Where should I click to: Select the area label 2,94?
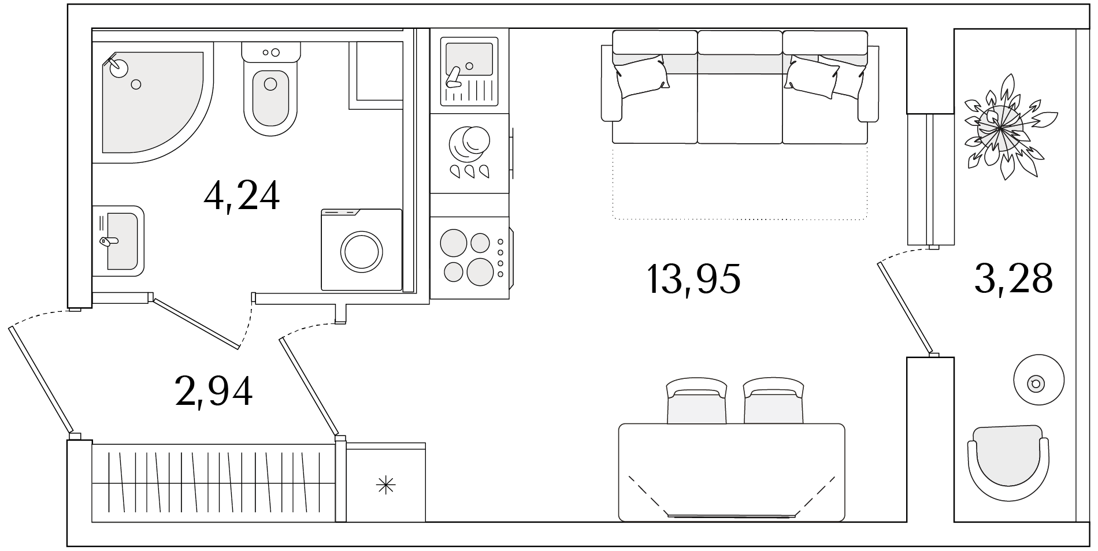pyautogui.click(x=214, y=391)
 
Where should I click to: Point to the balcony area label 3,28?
pyautogui.click(x=1013, y=279)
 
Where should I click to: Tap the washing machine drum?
pyautogui.click(x=361, y=251)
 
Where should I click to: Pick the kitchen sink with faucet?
pyautogui.click(x=469, y=72)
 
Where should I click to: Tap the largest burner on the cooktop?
pyautogui.click(x=479, y=271)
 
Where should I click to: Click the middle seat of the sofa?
pyautogui.click(x=740, y=87)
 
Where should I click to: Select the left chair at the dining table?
pyautogui.click(x=696, y=401)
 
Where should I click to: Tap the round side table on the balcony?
pyautogui.click(x=1038, y=380)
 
